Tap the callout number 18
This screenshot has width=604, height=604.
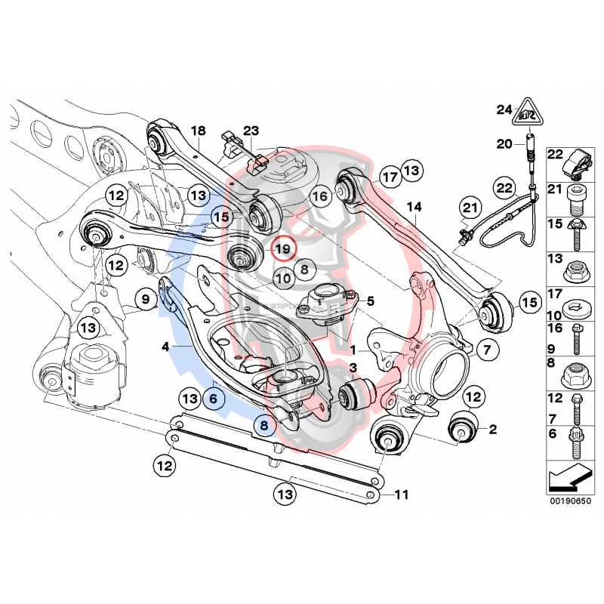(198, 131)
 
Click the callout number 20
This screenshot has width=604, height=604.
(504, 143)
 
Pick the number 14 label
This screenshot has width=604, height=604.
(414, 206)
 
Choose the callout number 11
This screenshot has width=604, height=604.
(401, 495)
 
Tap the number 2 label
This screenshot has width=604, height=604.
(492, 430)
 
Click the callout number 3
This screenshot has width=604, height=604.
(353, 367)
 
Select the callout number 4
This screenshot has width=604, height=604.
(165, 347)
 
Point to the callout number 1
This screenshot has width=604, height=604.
(353, 350)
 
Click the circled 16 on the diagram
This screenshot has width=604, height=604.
(320, 196)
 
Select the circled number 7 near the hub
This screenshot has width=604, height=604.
(486, 350)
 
